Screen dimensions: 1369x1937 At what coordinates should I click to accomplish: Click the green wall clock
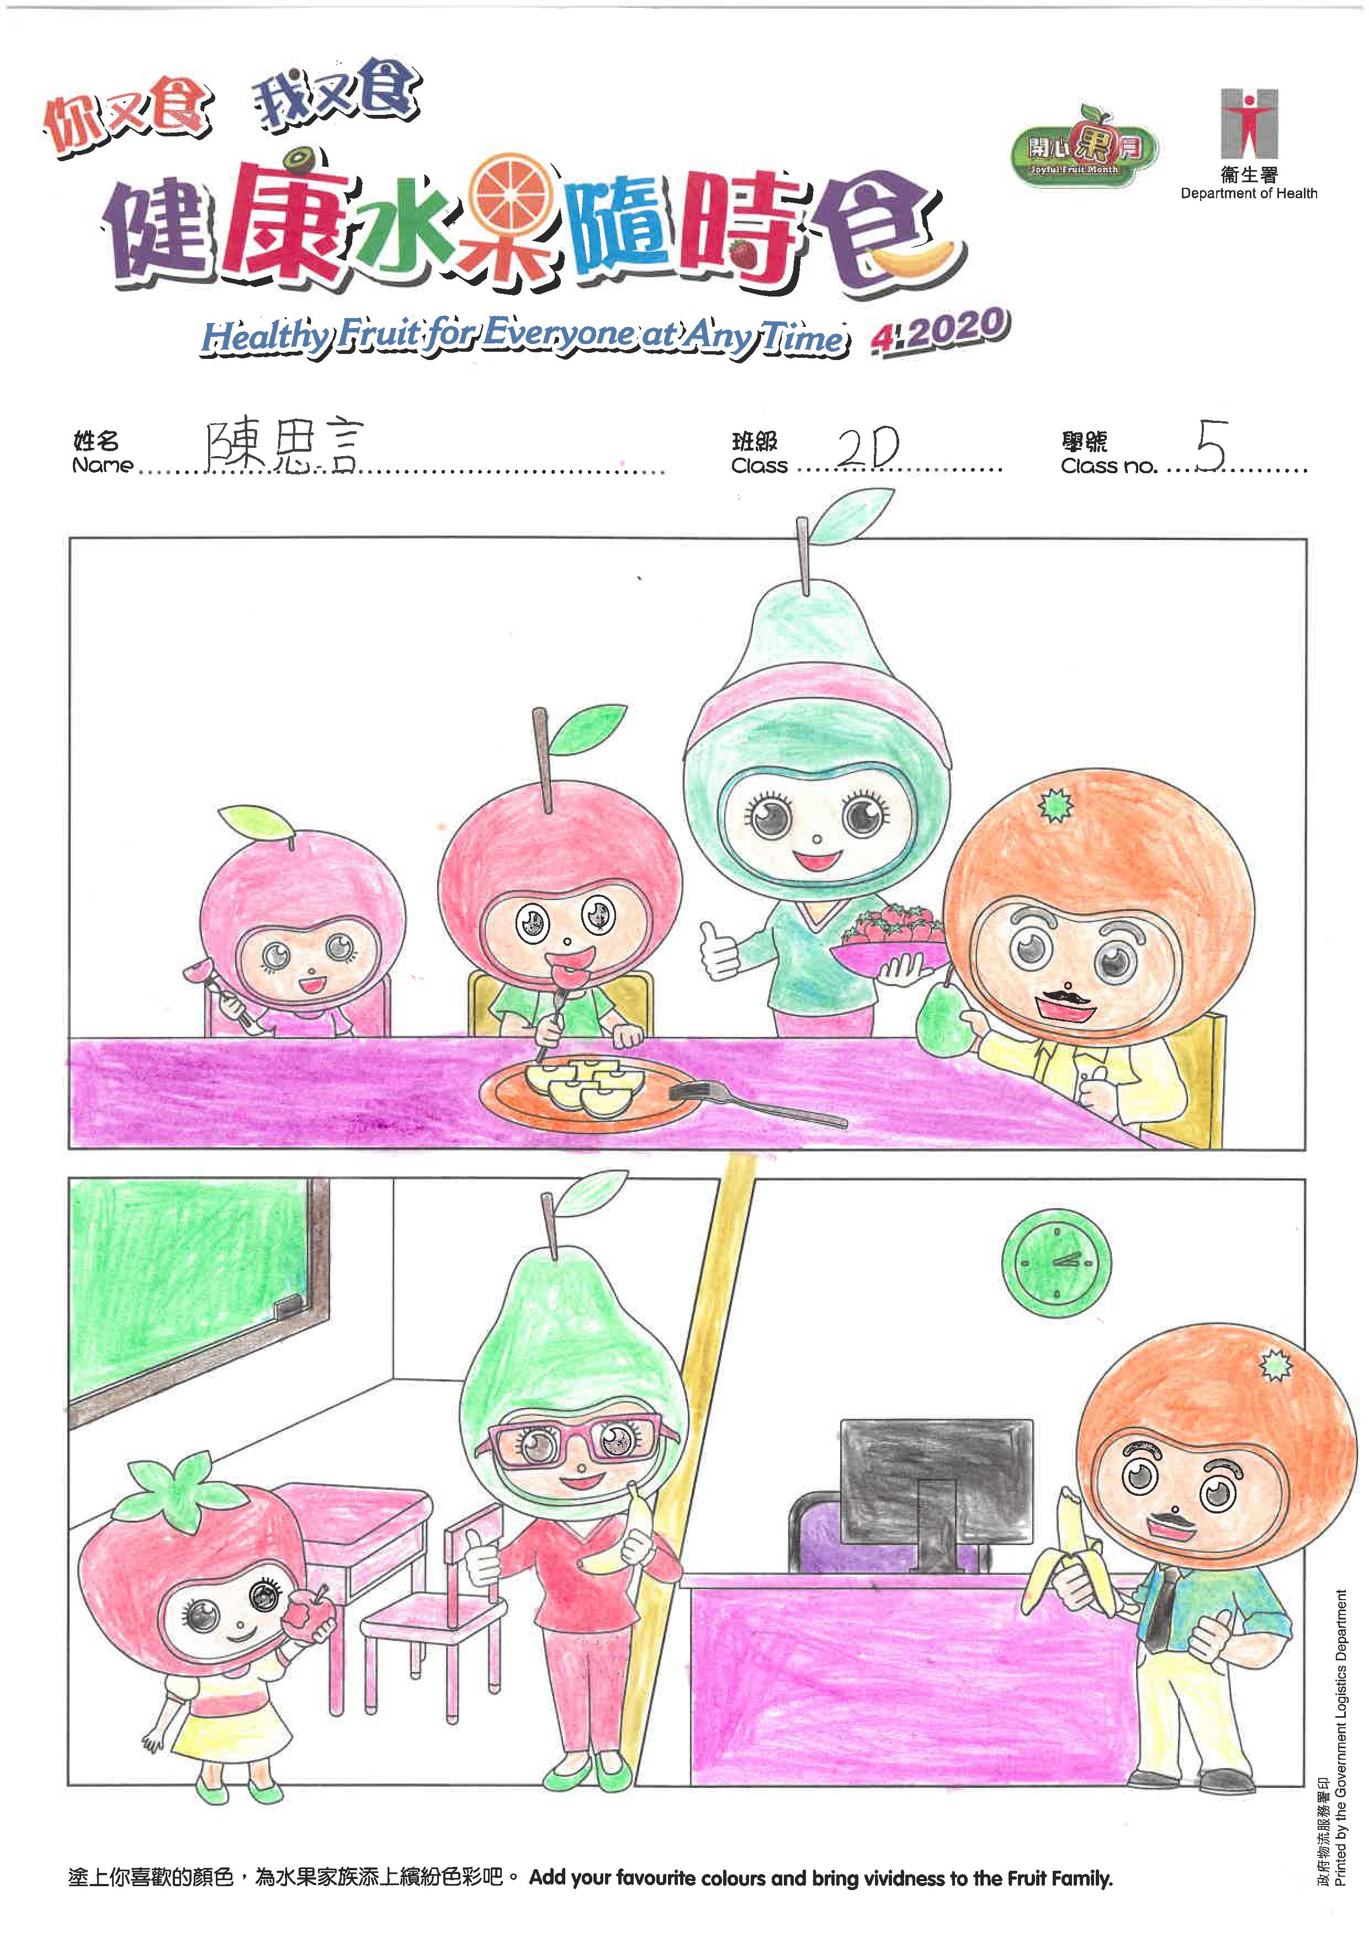[x=1055, y=1263]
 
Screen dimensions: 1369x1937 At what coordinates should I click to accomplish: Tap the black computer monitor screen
[x=936, y=1480]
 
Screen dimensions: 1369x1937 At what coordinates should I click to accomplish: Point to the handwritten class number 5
[x=1211, y=446]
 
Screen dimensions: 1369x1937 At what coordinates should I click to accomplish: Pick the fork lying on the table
[x=757, y=1104]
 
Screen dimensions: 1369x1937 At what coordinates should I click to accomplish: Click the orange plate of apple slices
[x=585, y=1093]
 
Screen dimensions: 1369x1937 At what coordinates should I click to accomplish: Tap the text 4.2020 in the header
[x=939, y=329]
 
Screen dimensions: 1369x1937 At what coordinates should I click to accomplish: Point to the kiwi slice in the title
[x=297, y=158]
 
